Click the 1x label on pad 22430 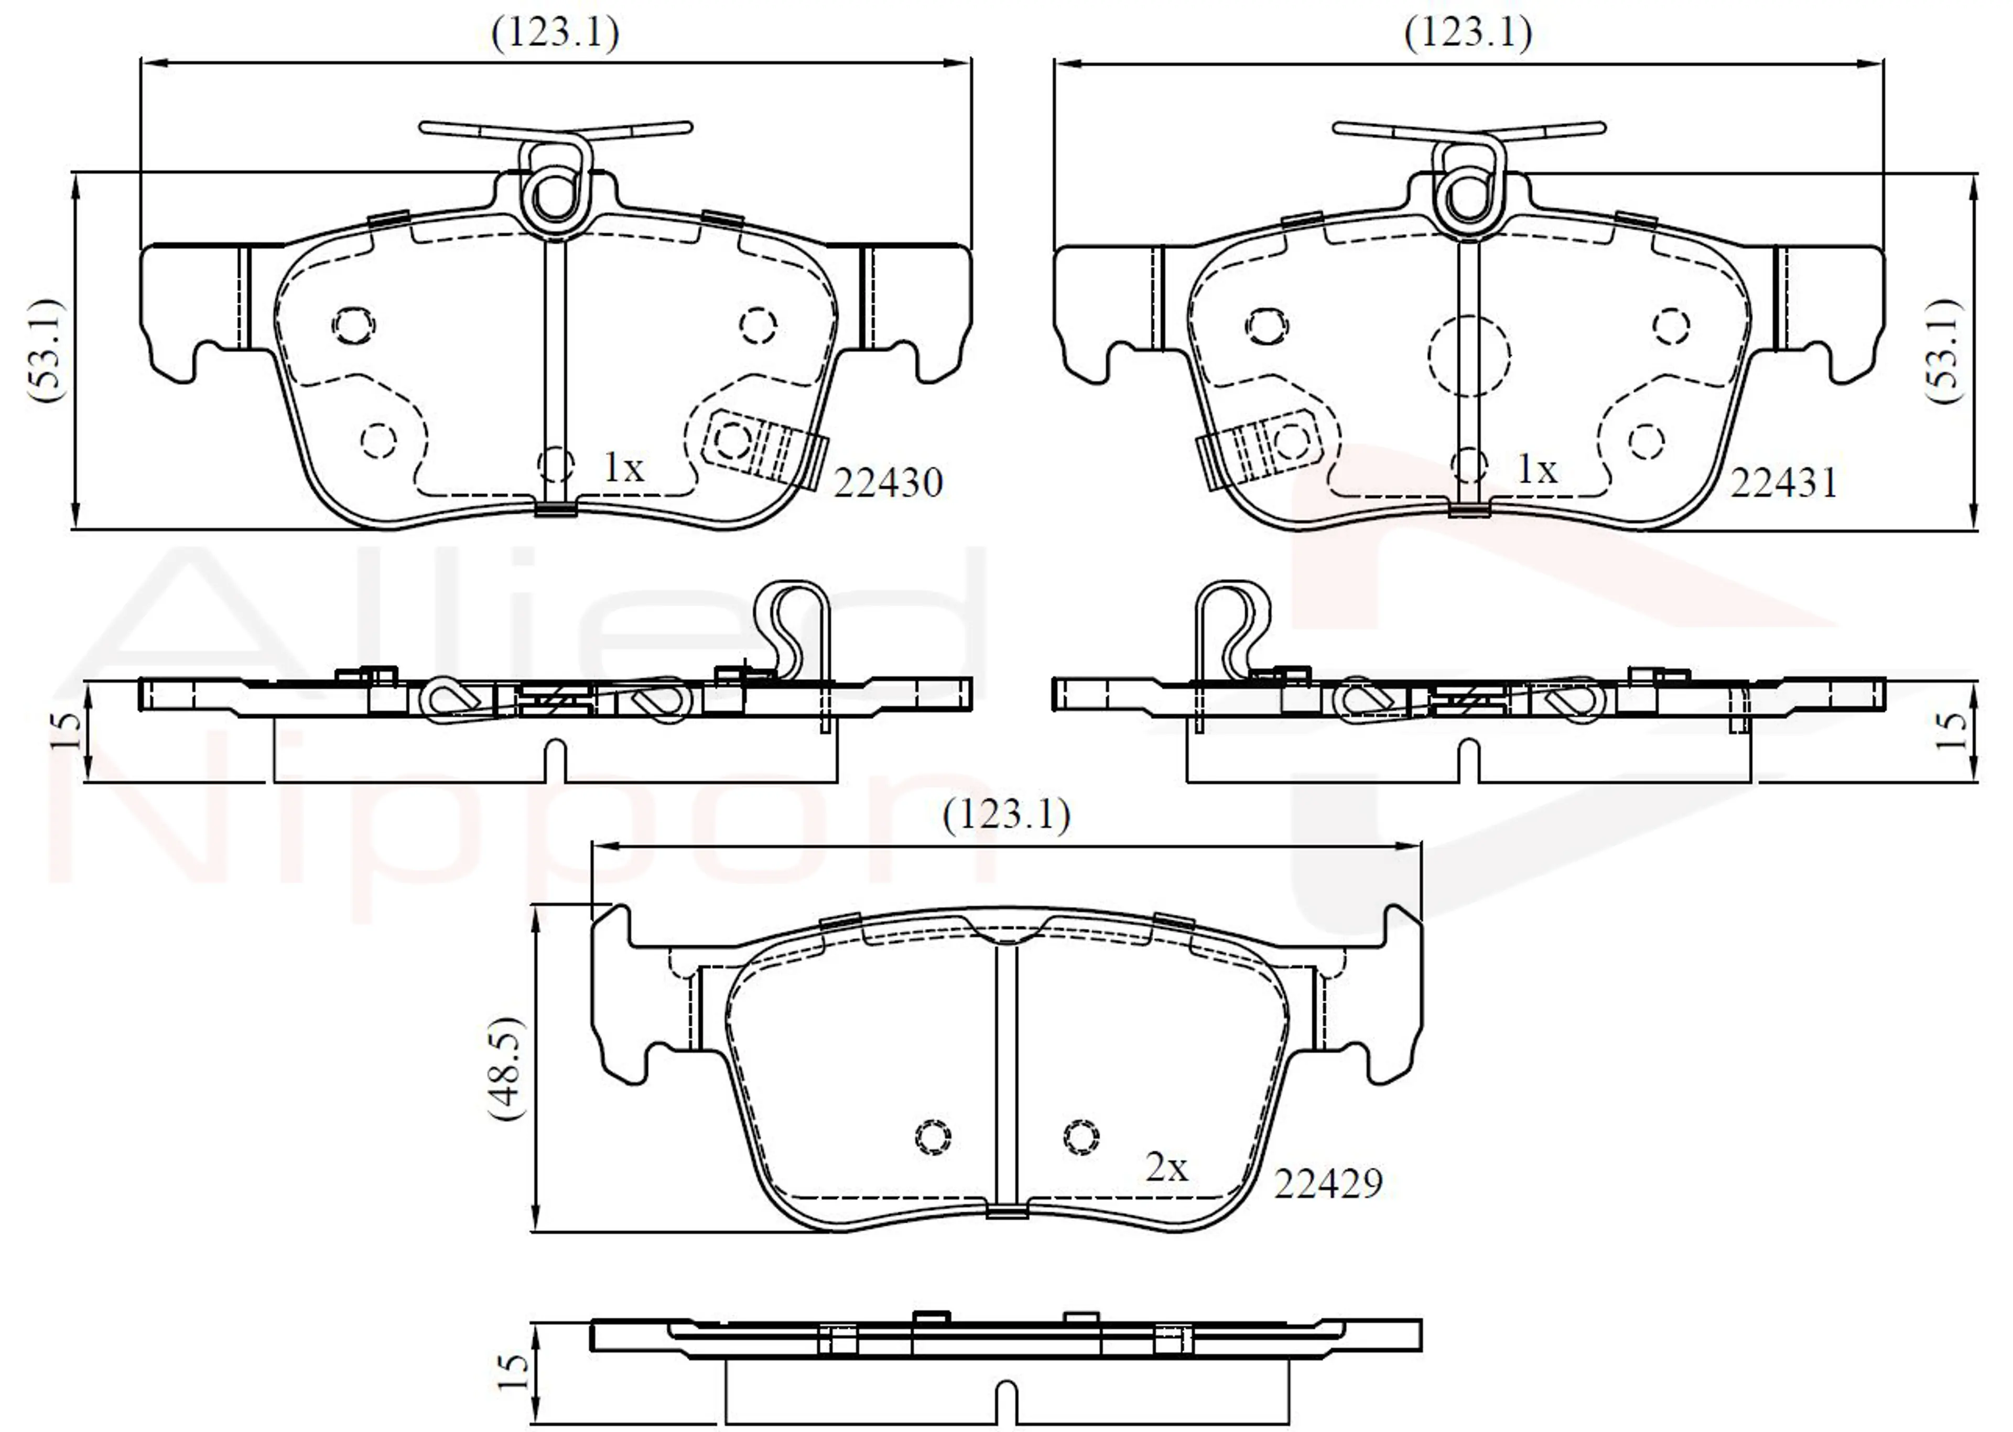point(623,468)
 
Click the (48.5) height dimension point(506,1068)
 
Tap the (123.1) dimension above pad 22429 point(1006,815)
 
